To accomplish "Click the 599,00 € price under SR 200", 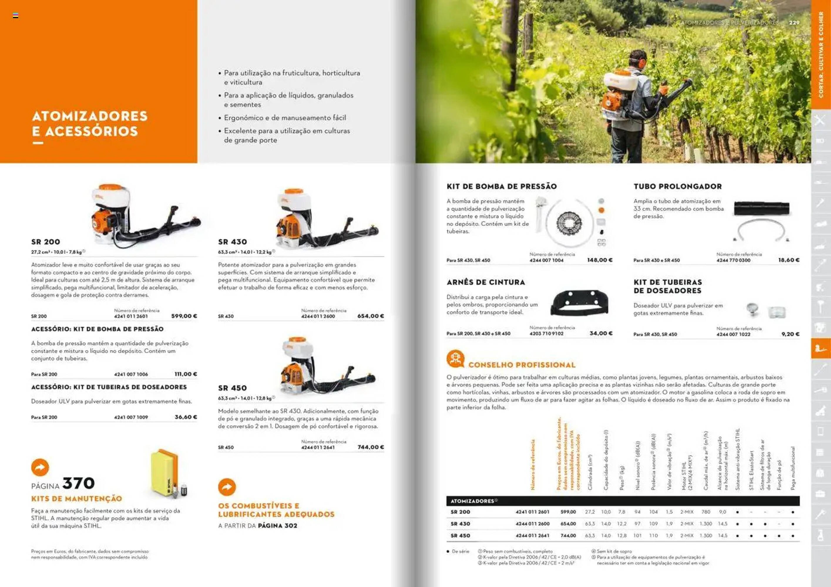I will click(x=184, y=316).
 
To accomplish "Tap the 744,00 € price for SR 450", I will click(x=371, y=447).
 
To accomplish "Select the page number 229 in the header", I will click(x=794, y=22).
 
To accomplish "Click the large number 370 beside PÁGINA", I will click(x=78, y=483).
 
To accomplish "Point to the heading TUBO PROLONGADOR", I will click(x=678, y=187).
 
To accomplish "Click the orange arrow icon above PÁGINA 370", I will click(x=40, y=467).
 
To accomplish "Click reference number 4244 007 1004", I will click(x=547, y=260).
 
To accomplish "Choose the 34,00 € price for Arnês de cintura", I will click(x=601, y=333).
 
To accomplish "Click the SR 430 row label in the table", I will click(x=460, y=524).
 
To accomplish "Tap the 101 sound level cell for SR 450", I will click(x=637, y=536).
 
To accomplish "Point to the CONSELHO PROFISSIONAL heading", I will click(x=522, y=365).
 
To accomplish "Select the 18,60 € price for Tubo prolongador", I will click(x=789, y=260).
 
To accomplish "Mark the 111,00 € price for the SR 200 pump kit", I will click(x=186, y=374).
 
